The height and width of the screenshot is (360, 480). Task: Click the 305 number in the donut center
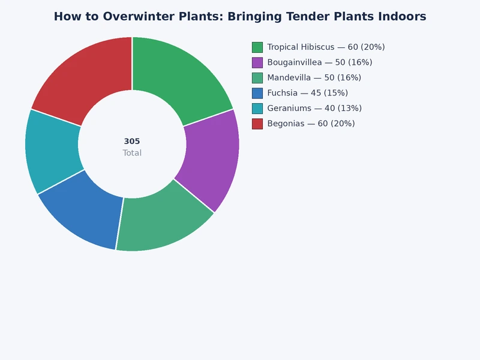click(132, 142)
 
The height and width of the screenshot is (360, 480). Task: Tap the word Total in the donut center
click(132, 153)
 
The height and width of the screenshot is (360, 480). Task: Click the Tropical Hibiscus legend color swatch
click(257, 47)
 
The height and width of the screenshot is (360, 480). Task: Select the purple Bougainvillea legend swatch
click(257, 62)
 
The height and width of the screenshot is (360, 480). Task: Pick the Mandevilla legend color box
click(257, 78)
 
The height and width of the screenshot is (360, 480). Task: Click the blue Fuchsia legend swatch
click(257, 93)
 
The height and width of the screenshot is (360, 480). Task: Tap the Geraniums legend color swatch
click(257, 109)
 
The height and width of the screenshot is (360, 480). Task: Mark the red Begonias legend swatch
click(257, 124)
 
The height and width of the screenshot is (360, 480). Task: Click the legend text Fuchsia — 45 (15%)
click(307, 93)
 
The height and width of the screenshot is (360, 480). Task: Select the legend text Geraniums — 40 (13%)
click(314, 109)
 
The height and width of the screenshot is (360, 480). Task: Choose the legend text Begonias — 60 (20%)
click(311, 124)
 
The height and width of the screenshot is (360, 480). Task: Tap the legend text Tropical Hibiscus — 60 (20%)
click(326, 47)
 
